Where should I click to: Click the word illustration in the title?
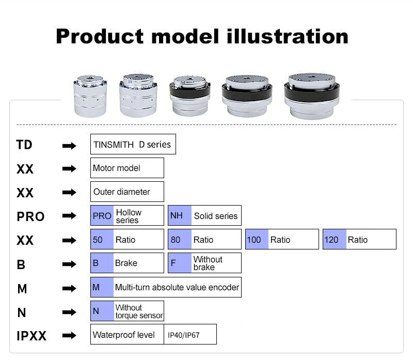point(287,36)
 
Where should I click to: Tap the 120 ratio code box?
point(334,240)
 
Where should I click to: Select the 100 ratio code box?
point(257,240)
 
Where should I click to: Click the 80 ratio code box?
point(179,240)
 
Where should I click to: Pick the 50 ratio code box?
point(102,240)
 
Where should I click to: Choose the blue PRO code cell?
point(102,215)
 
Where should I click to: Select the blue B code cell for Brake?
point(102,263)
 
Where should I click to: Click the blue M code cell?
point(102,287)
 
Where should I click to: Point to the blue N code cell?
point(102,311)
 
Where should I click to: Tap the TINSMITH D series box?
point(133,144)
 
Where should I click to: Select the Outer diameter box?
point(127,192)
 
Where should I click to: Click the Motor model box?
point(127,168)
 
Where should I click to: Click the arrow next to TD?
point(69,146)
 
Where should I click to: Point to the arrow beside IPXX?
point(69,336)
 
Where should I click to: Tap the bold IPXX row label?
point(31,336)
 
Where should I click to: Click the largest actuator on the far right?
point(312,96)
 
